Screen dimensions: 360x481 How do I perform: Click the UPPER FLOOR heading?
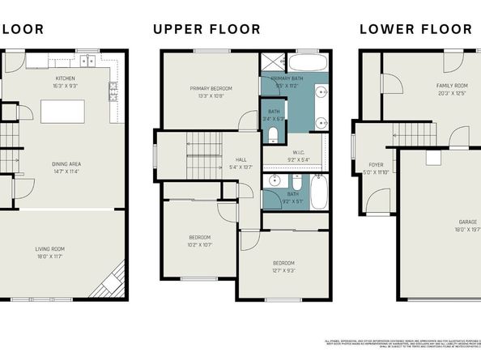coord(206,30)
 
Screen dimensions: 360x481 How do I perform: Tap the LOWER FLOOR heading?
coord(415,30)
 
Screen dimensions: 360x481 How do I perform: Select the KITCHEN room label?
coord(66,57)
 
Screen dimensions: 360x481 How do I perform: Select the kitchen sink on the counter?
coord(86,61)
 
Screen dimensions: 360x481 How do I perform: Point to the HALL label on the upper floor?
coord(241,160)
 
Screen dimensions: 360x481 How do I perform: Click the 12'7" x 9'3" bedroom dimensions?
coord(283,270)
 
